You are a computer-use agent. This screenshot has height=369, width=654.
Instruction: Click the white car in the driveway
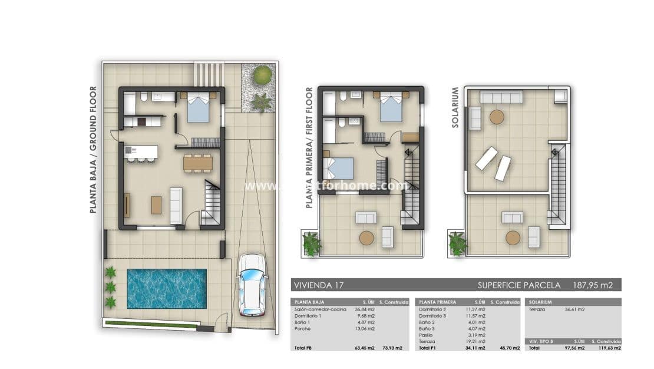(252, 284)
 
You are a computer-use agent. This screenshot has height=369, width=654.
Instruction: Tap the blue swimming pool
(167, 289)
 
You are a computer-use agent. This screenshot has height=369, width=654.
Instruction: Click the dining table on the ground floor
(197, 162)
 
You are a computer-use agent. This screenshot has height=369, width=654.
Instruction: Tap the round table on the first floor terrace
(366, 238)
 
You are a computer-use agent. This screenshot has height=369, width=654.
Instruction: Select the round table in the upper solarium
(497, 117)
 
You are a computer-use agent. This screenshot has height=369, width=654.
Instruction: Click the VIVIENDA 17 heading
(318, 285)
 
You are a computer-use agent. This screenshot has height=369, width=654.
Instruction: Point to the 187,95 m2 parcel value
(593, 285)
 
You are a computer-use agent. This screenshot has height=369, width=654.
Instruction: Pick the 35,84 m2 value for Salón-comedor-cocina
(365, 308)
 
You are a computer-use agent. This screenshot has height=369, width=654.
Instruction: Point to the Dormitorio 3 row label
(433, 317)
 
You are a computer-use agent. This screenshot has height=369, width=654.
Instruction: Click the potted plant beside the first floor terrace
(311, 243)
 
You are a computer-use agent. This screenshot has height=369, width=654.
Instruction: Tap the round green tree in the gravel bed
(263, 75)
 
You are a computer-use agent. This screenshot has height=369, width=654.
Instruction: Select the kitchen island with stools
(142, 153)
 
